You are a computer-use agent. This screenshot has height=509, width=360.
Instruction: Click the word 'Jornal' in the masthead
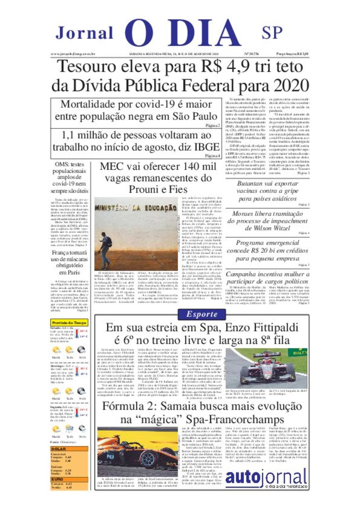coord(84,33)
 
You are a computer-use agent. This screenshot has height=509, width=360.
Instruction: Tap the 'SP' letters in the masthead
coord(272,33)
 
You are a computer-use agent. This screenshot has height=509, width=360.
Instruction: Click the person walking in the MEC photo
coord(105,250)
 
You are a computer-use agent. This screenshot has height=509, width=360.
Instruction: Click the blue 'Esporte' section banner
coord(202,314)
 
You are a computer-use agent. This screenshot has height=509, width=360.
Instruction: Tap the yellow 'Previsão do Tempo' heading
coord(69,322)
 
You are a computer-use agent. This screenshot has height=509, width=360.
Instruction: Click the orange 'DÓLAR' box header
coord(69,449)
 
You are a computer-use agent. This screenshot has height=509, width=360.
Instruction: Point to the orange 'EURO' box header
coord(69,479)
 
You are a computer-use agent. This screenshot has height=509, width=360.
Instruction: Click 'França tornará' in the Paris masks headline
coord(69,253)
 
